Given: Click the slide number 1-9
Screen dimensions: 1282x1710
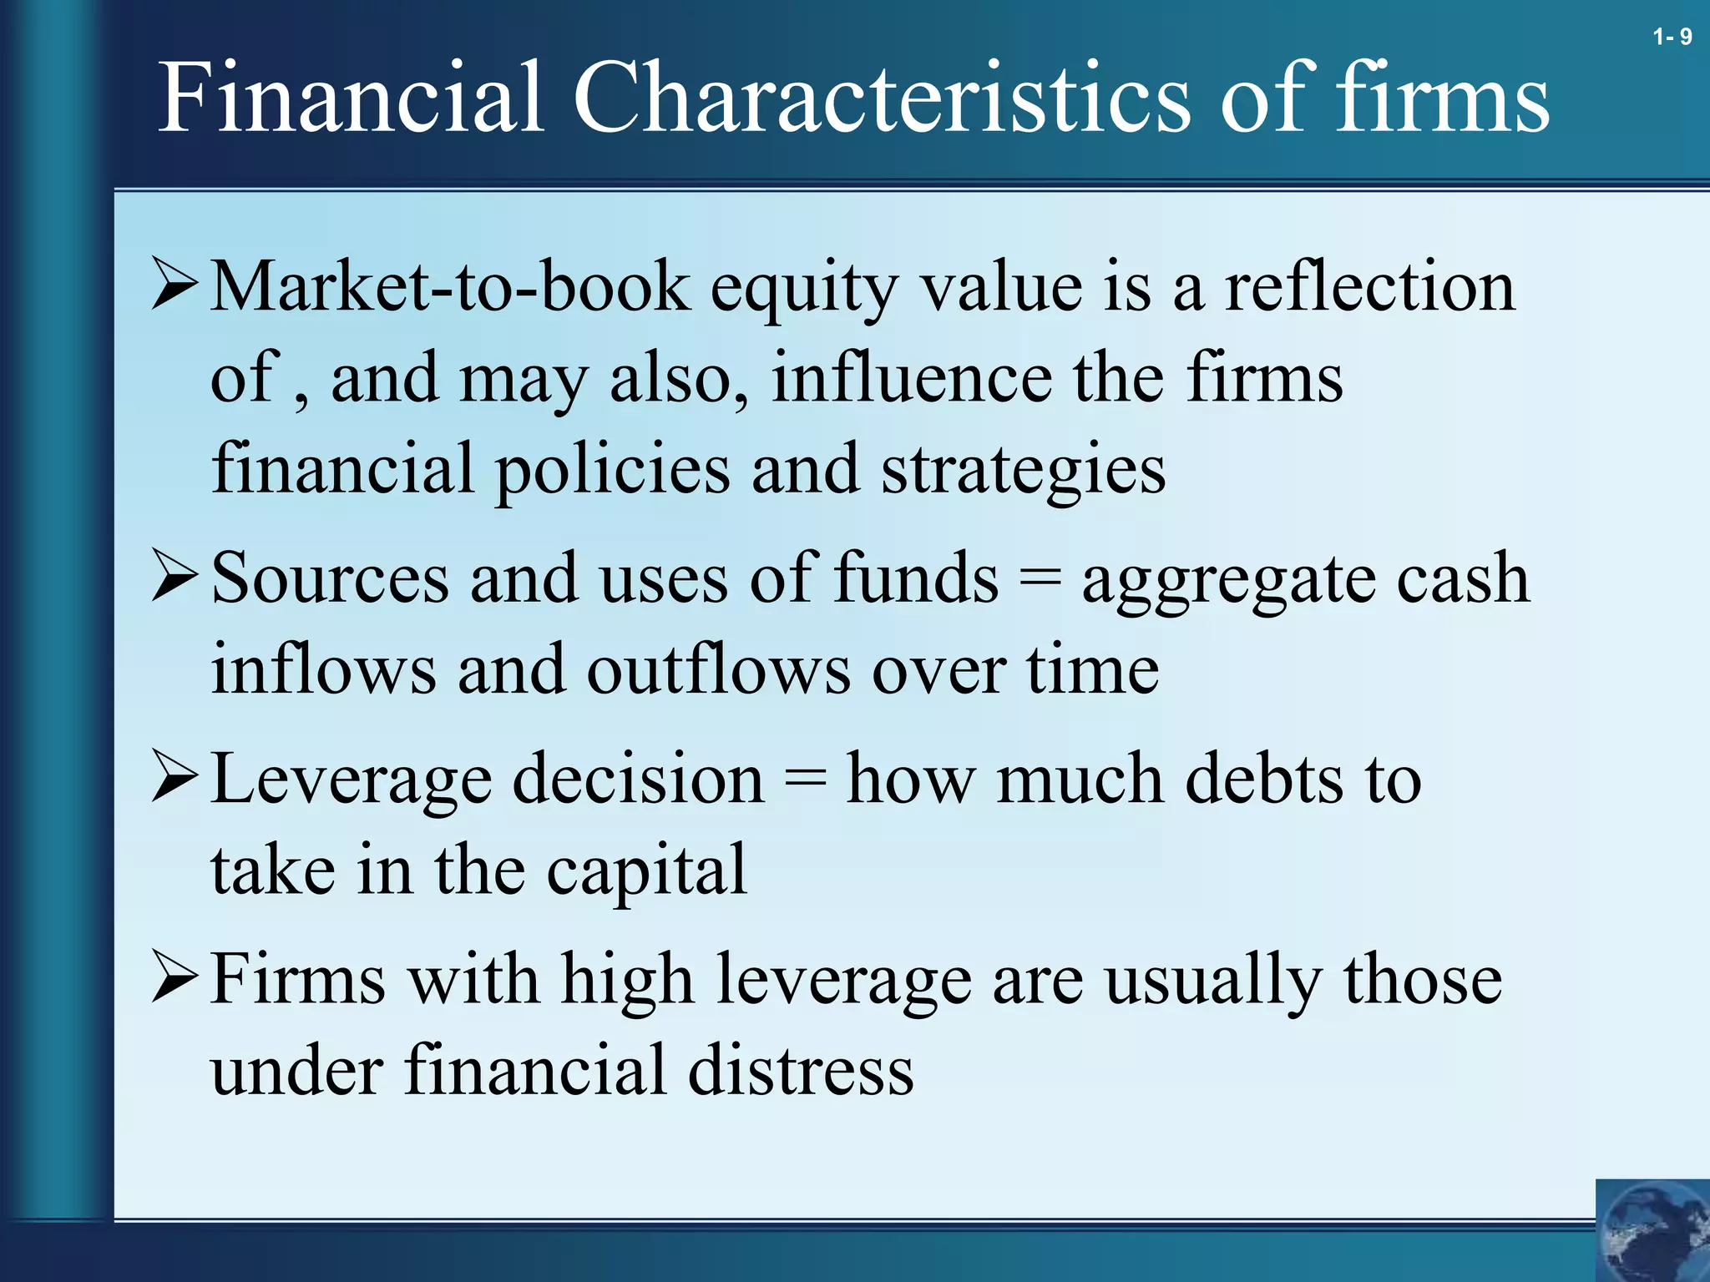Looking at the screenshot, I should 1672,37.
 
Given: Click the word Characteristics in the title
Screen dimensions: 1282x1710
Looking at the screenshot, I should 881,98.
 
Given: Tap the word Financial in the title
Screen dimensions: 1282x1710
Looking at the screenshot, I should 351,98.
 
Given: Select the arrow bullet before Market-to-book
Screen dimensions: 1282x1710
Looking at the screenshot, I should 175,285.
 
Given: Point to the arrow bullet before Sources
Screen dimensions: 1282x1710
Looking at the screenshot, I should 175,577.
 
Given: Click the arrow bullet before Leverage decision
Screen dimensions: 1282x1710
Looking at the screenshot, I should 175,777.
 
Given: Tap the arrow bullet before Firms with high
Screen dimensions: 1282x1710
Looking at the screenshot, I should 175,977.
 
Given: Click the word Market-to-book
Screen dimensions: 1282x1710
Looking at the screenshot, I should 450,286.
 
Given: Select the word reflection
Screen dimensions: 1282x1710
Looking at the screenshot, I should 1369,286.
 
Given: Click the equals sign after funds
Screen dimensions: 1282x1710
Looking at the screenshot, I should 1040,578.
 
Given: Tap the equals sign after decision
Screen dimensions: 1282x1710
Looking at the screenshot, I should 805,779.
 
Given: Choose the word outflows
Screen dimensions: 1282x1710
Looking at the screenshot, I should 718,669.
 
